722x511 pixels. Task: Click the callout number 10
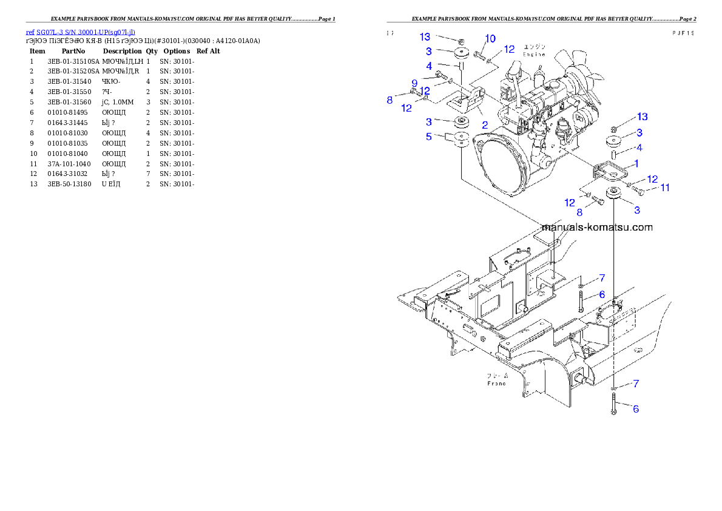(490, 39)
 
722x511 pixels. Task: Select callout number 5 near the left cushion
(429, 137)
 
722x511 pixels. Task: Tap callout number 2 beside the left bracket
(485, 124)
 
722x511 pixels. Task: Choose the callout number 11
(665, 188)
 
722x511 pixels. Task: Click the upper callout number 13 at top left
(425, 38)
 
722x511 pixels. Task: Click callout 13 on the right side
(642, 117)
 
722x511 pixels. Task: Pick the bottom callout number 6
(636, 409)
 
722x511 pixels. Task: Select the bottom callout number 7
(636, 384)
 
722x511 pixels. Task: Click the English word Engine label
(534, 54)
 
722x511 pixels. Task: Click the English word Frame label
(496, 384)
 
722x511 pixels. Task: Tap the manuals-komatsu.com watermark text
(596, 228)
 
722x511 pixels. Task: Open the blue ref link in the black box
(80, 32)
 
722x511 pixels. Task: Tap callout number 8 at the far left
(390, 100)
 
